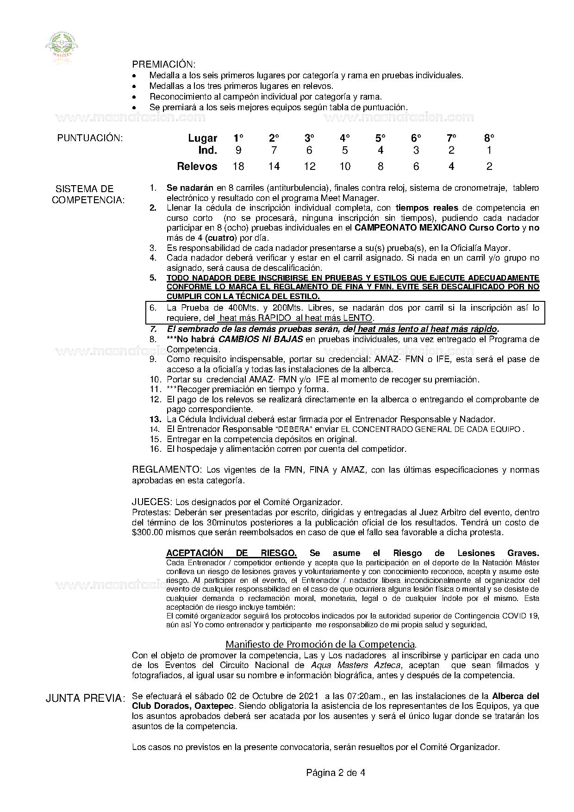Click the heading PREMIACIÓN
tap(163, 64)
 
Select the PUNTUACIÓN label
tap(90, 138)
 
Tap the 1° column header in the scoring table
tap(238, 138)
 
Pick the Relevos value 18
tap(238, 166)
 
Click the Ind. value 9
tap(238, 150)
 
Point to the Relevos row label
tap(197, 166)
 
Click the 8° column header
tap(489, 138)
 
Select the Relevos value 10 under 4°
tap(345, 166)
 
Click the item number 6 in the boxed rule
tap(153, 308)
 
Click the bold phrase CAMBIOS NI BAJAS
tap(261, 339)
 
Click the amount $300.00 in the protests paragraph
tap(148, 532)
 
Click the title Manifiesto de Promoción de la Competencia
tap(320, 644)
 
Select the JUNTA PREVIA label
tap(85, 699)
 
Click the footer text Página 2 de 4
tap(335, 772)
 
